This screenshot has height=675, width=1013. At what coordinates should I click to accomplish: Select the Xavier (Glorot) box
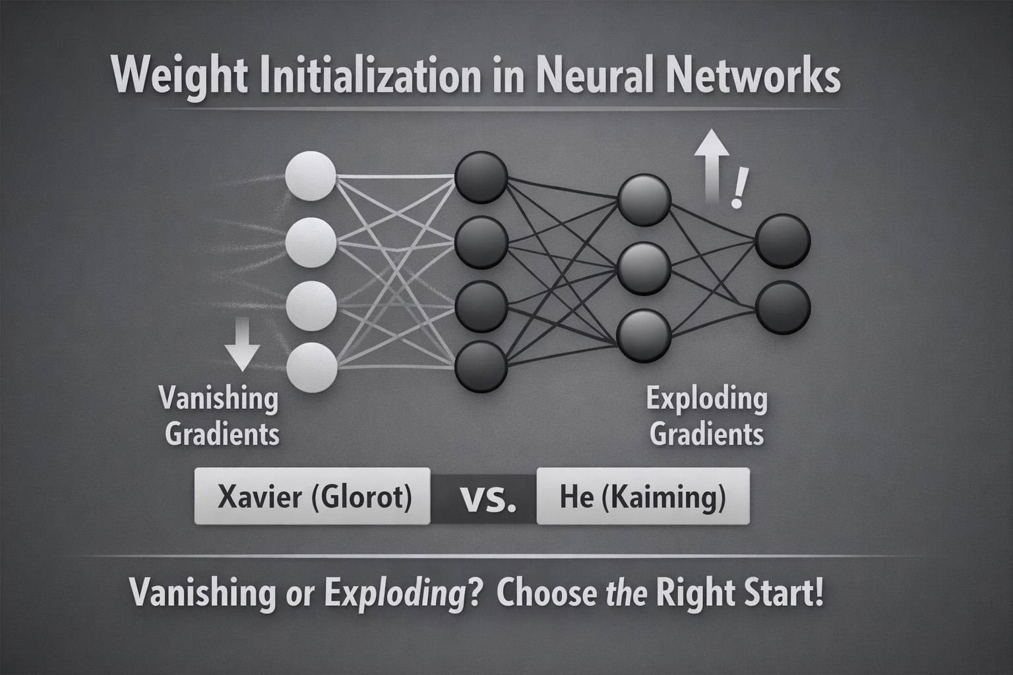[x=313, y=496]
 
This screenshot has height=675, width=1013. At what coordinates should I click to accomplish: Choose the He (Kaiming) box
[x=643, y=496]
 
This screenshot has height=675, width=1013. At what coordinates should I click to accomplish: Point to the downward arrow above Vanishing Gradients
[x=242, y=343]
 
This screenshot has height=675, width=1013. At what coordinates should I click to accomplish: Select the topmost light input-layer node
[x=311, y=176]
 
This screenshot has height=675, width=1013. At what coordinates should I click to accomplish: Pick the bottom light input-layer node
[x=313, y=367]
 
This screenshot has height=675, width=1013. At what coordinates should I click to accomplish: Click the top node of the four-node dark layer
[x=481, y=177]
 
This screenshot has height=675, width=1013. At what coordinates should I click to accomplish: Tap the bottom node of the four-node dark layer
[x=481, y=366]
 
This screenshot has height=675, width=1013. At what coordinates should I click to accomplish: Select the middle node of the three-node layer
[x=644, y=268]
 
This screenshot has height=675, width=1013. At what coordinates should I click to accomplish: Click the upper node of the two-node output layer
[x=783, y=241]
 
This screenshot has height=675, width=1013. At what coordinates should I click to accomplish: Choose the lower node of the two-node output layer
[x=783, y=307]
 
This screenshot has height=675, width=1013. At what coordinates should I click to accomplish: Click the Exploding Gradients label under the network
[x=707, y=417]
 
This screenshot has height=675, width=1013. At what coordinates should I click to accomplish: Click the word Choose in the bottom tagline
[x=546, y=593]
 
